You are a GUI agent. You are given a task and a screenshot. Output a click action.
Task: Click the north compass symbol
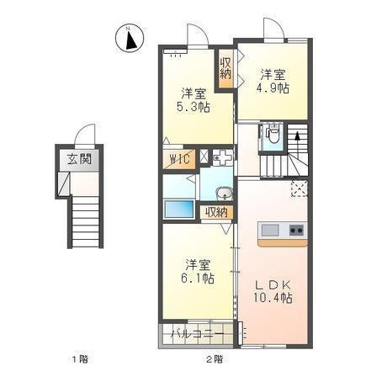[x=130, y=38]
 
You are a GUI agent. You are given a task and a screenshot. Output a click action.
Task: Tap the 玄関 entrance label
[x=79, y=160]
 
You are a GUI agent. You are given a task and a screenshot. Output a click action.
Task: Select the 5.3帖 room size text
[x=193, y=107]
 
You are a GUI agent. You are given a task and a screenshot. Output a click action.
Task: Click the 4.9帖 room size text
[x=272, y=88]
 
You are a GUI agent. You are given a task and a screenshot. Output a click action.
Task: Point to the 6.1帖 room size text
[x=198, y=278]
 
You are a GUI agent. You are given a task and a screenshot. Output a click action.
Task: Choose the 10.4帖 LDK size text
[x=273, y=298]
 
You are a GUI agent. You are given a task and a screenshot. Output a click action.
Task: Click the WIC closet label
[x=178, y=161]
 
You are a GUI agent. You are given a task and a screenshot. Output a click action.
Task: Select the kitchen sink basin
[x=270, y=231]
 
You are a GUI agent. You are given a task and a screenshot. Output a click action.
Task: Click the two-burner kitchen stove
[x=296, y=231]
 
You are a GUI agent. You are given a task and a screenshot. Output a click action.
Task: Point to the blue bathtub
[x=179, y=209]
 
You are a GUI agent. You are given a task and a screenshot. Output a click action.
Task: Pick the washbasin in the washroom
[x=224, y=194]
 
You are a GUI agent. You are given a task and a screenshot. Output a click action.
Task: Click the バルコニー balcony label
[x=198, y=334]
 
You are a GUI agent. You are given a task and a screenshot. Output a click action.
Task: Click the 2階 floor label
[x=215, y=358]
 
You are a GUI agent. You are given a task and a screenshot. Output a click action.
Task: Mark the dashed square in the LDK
[x=300, y=189]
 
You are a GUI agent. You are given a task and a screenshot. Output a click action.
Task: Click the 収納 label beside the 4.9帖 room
[x=225, y=68]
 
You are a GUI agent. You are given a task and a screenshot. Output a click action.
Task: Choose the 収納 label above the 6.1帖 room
[x=216, y=213]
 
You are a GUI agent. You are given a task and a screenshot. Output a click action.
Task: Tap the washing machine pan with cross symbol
[x=223, y=158]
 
